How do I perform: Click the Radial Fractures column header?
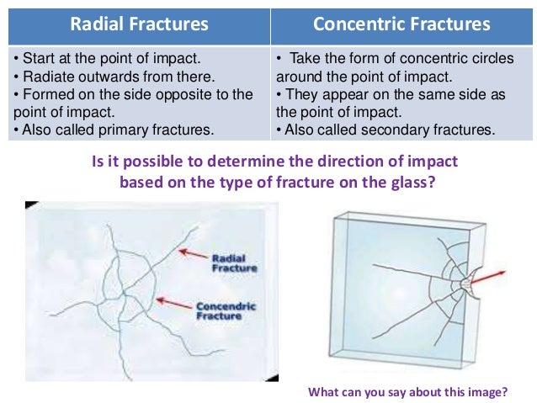[139, 23]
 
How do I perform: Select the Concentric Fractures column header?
[401, 23]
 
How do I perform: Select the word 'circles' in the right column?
[501, 59]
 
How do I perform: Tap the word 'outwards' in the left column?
[98, 77]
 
